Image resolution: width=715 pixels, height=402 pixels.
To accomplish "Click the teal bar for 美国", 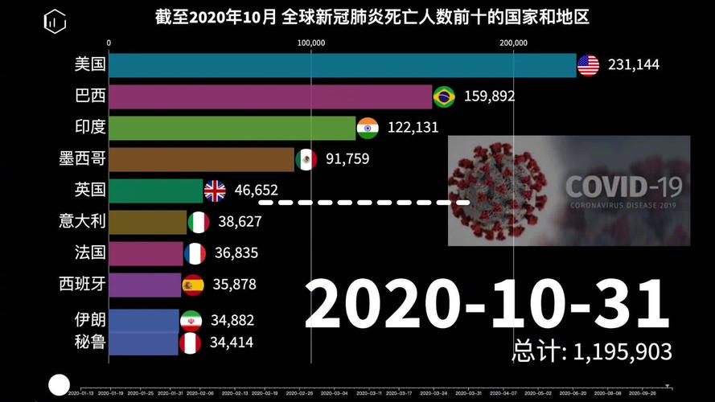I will tap(342, 65).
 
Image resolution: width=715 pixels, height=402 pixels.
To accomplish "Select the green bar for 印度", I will tap(232, 128).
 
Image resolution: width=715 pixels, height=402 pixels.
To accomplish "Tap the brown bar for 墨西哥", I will tap(201, 159).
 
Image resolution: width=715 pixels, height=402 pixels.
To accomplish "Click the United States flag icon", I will tap(588, 65).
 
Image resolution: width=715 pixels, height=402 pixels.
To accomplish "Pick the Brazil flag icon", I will tap(444, 96).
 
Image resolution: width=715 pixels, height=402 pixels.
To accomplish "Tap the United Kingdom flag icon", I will tap(215, 191).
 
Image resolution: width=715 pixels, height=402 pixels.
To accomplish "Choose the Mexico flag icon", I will tap(306, 159).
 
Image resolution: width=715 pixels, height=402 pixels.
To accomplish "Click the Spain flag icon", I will tap(192, 285).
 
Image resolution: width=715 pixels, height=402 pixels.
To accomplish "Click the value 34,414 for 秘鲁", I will tap(232, 343).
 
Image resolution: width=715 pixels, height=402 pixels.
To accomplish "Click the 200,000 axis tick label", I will tap(512, 43).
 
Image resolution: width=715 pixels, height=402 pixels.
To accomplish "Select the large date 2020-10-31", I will tap(487, 304).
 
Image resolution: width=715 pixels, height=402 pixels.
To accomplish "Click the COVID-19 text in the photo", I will tap(623, 187).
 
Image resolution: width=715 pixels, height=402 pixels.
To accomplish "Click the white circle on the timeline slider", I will tap(59, 385).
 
